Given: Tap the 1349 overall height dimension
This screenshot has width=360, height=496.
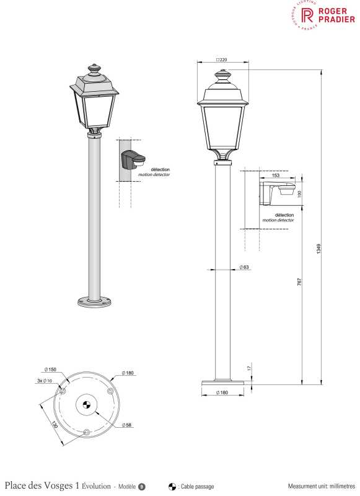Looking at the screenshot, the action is [x=318, y=249].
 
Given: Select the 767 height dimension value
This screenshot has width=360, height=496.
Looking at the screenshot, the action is [x=299, y=282].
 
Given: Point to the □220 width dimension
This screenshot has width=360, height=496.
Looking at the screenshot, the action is [x=222, y=60].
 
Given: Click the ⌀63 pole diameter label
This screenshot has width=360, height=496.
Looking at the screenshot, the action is [x=244, y=267].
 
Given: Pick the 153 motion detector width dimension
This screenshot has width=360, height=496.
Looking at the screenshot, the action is [x=276, y=175].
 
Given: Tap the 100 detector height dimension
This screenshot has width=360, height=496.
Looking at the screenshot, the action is [x=299, y=193].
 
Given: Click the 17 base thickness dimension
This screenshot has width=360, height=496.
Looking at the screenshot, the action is [x=249, y=368].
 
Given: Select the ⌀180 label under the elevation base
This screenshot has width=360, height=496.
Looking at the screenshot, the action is [x=222, y=392].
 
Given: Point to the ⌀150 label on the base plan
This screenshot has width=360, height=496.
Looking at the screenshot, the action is [x=50, y=370].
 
